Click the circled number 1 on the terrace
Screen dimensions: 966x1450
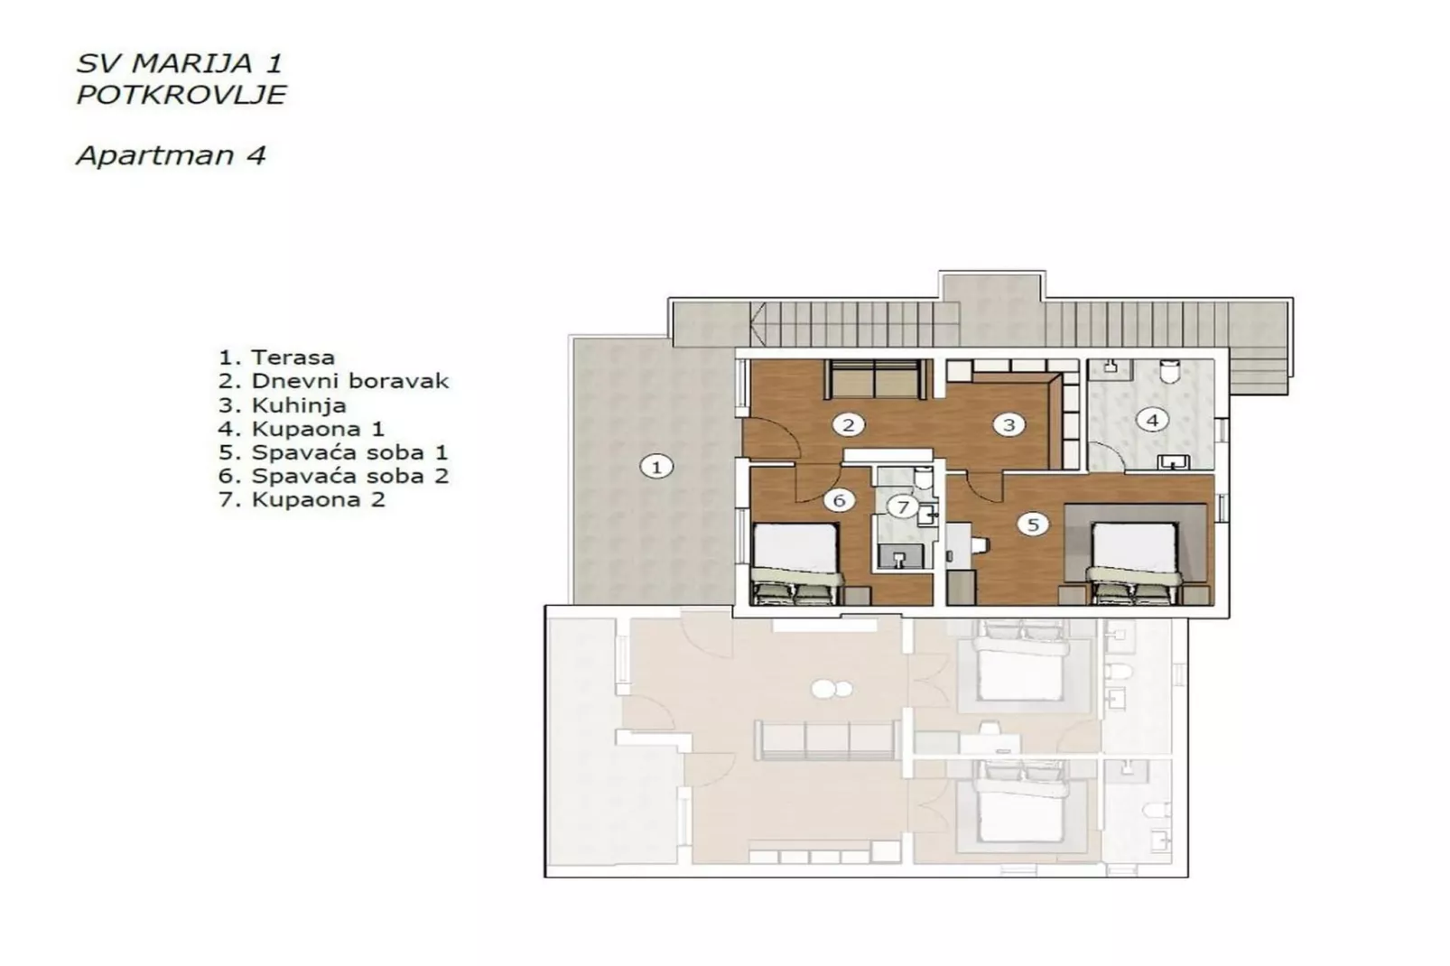pos(656,467)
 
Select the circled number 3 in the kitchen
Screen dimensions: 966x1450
pos(1008,424)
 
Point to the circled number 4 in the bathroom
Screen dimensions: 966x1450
pos(1151,420)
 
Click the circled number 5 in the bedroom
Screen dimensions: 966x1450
pos(1033,524)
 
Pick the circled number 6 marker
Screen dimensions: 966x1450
pos(839,500)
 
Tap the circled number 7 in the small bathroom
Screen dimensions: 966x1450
pos(902,506)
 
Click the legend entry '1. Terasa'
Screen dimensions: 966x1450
pos(276,358)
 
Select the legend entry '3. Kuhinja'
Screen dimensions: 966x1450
pos(282,405)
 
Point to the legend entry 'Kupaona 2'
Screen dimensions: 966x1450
pos(302,499)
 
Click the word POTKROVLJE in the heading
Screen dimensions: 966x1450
pos(181,94)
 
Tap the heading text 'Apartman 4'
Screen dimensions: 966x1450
pos(171,155)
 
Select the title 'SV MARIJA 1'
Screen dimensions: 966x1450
pos(179,63)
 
